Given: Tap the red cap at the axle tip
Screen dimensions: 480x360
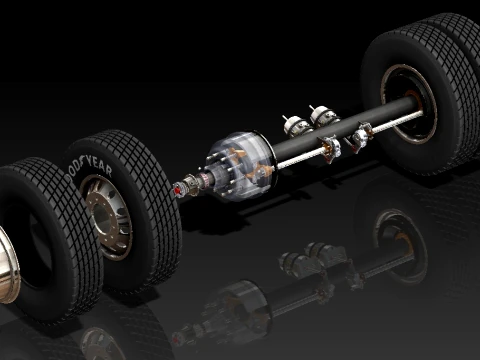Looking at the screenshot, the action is coord(177,190).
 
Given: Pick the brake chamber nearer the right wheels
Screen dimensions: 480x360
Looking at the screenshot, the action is coord(323,116).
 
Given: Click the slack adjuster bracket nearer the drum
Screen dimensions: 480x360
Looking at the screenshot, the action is coord(330,148).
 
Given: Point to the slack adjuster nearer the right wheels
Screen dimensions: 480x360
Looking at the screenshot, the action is coord(359,136).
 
